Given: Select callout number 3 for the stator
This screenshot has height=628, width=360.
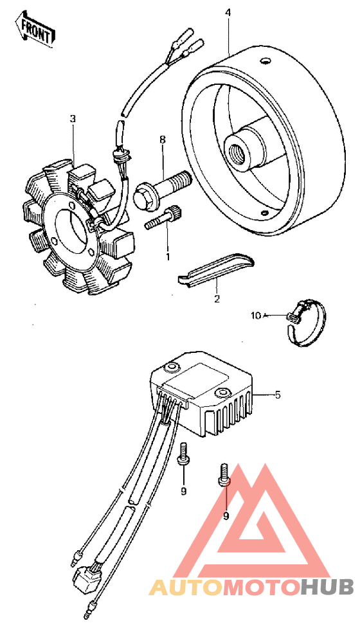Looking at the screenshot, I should tap(73, 119).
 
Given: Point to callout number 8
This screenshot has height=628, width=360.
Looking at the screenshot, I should tap(163, 139).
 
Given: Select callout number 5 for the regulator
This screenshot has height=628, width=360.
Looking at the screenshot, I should tap(278, 394).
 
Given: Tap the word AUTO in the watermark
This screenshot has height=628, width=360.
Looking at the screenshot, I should tap(179, 587).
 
